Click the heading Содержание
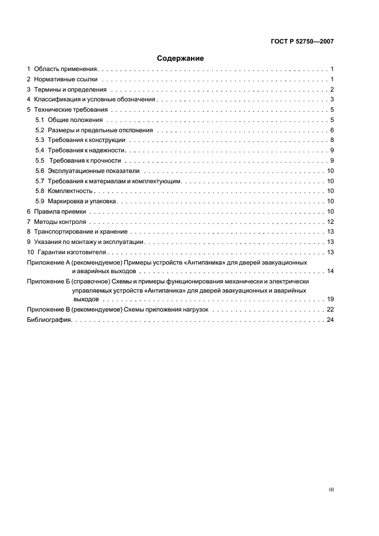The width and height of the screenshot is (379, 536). pos(181,58)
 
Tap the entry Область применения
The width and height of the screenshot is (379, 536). pos(67,69)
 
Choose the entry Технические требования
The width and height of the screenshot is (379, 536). pos(71,109)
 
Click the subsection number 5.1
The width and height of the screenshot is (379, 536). pos(40,120)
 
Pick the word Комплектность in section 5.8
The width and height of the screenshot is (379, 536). pos(70,191)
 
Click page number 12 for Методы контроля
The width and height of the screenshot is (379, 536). pos(330,222)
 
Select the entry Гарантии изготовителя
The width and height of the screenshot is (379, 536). pos(72,252)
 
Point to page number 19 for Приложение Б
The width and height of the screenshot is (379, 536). pos(330,299)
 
